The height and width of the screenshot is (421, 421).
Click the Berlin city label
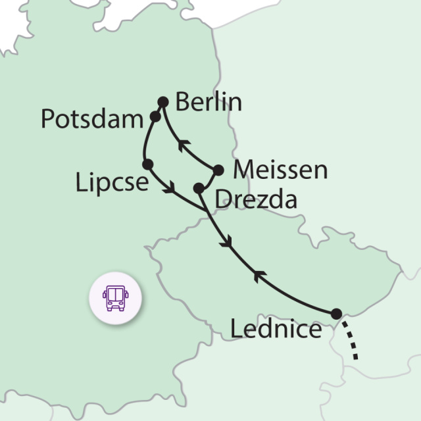click(210, 103)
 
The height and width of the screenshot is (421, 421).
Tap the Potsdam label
click(91, 120)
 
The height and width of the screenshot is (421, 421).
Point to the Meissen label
click(280, 170)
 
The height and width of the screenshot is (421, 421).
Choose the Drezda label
click(256, 199)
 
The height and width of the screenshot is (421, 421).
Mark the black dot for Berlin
click(164, 102)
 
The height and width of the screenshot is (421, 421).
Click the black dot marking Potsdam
click(155, 116)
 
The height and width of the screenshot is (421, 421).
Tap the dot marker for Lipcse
click(147, 164)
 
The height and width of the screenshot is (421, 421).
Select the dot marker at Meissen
click(218, 169)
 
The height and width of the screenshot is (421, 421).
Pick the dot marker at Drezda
click(198, 188)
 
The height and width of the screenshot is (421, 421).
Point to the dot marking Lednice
click(336, 313)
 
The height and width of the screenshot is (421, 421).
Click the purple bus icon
click(116, 298)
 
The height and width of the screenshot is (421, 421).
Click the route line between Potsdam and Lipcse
click(146, 139)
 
